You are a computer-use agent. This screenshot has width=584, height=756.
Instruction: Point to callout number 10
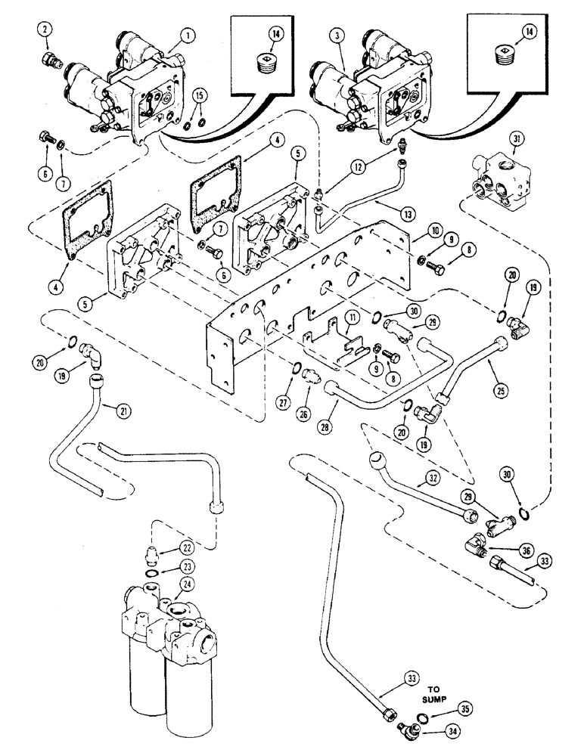[415, 229]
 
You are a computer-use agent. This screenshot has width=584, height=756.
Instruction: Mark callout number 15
[199, 95]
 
